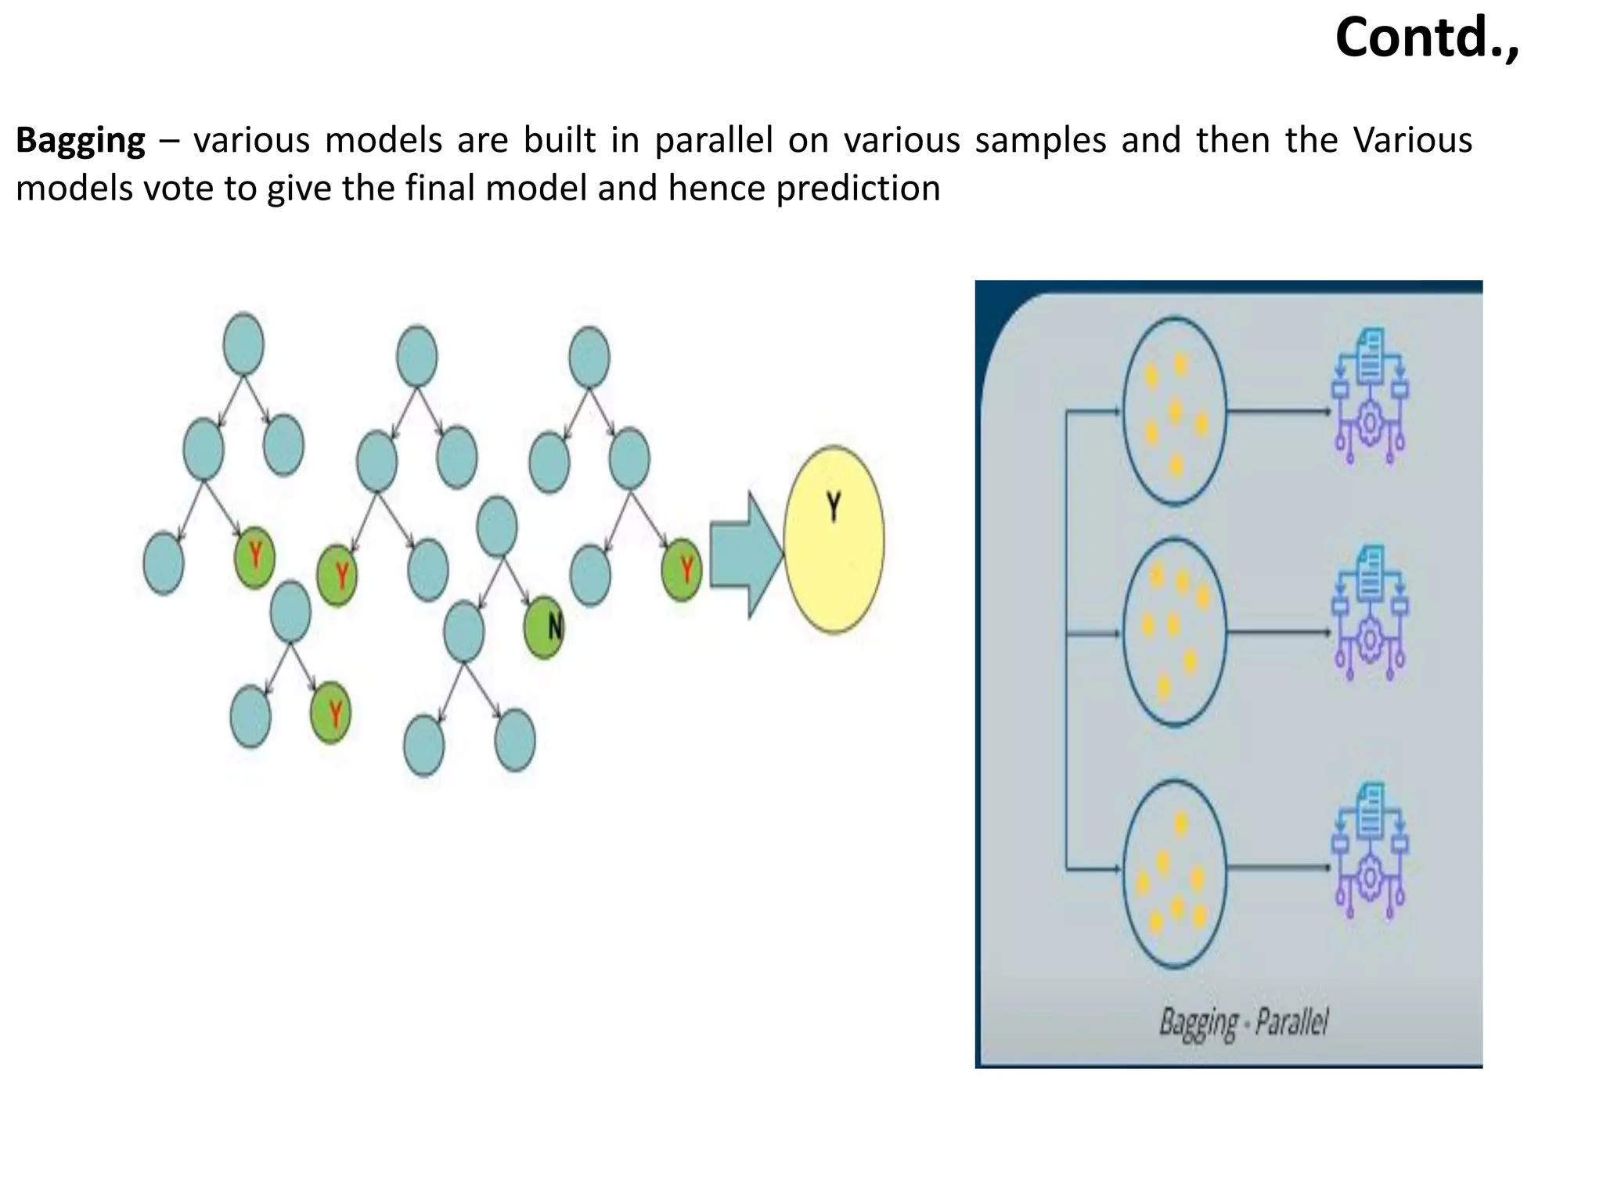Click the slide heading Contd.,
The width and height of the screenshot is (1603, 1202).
(1427, 38)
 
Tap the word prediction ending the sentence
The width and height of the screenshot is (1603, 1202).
(858, 189)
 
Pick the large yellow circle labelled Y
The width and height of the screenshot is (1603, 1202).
(834, 540)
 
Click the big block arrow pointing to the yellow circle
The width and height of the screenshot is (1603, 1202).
(744, 554)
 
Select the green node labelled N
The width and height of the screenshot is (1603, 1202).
(544, 627)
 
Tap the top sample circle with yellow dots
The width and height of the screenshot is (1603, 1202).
(1174, 411)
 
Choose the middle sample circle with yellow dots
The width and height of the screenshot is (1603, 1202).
(1174, 632)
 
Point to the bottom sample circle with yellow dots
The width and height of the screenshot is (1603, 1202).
(1174, 873)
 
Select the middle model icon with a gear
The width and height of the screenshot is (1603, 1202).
(1369, 613)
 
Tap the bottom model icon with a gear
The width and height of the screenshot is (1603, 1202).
(1369, 851)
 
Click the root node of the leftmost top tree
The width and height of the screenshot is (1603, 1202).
(243, 344)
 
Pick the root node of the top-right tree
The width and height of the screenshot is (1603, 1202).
(589, 357)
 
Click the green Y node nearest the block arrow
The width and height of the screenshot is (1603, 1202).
(682, 570)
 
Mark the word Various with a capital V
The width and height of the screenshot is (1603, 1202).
(1413, 141)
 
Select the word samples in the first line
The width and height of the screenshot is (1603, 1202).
(1040, 141)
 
